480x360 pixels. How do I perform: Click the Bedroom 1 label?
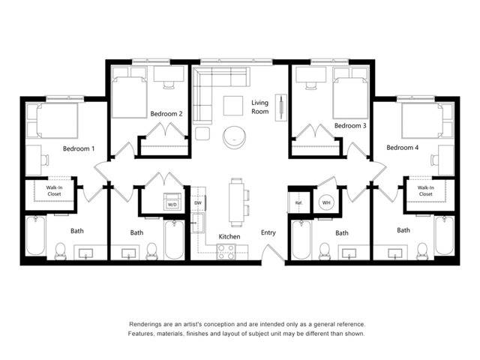[78, 148]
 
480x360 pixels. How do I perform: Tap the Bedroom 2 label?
[166, 114]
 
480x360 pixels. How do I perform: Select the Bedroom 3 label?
[350, 126]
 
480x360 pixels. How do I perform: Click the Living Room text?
[259, 107]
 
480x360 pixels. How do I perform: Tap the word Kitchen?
[229, 236]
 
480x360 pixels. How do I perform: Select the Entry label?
[268, 232]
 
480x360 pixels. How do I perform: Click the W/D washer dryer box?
[172, 204]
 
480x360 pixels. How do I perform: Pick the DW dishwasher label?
[198, 203]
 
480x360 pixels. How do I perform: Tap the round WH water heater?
[326, 202]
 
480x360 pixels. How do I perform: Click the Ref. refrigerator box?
[298, 203]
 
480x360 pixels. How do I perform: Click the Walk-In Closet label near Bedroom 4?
[425, 190]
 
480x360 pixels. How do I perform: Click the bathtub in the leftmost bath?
[35, 237]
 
